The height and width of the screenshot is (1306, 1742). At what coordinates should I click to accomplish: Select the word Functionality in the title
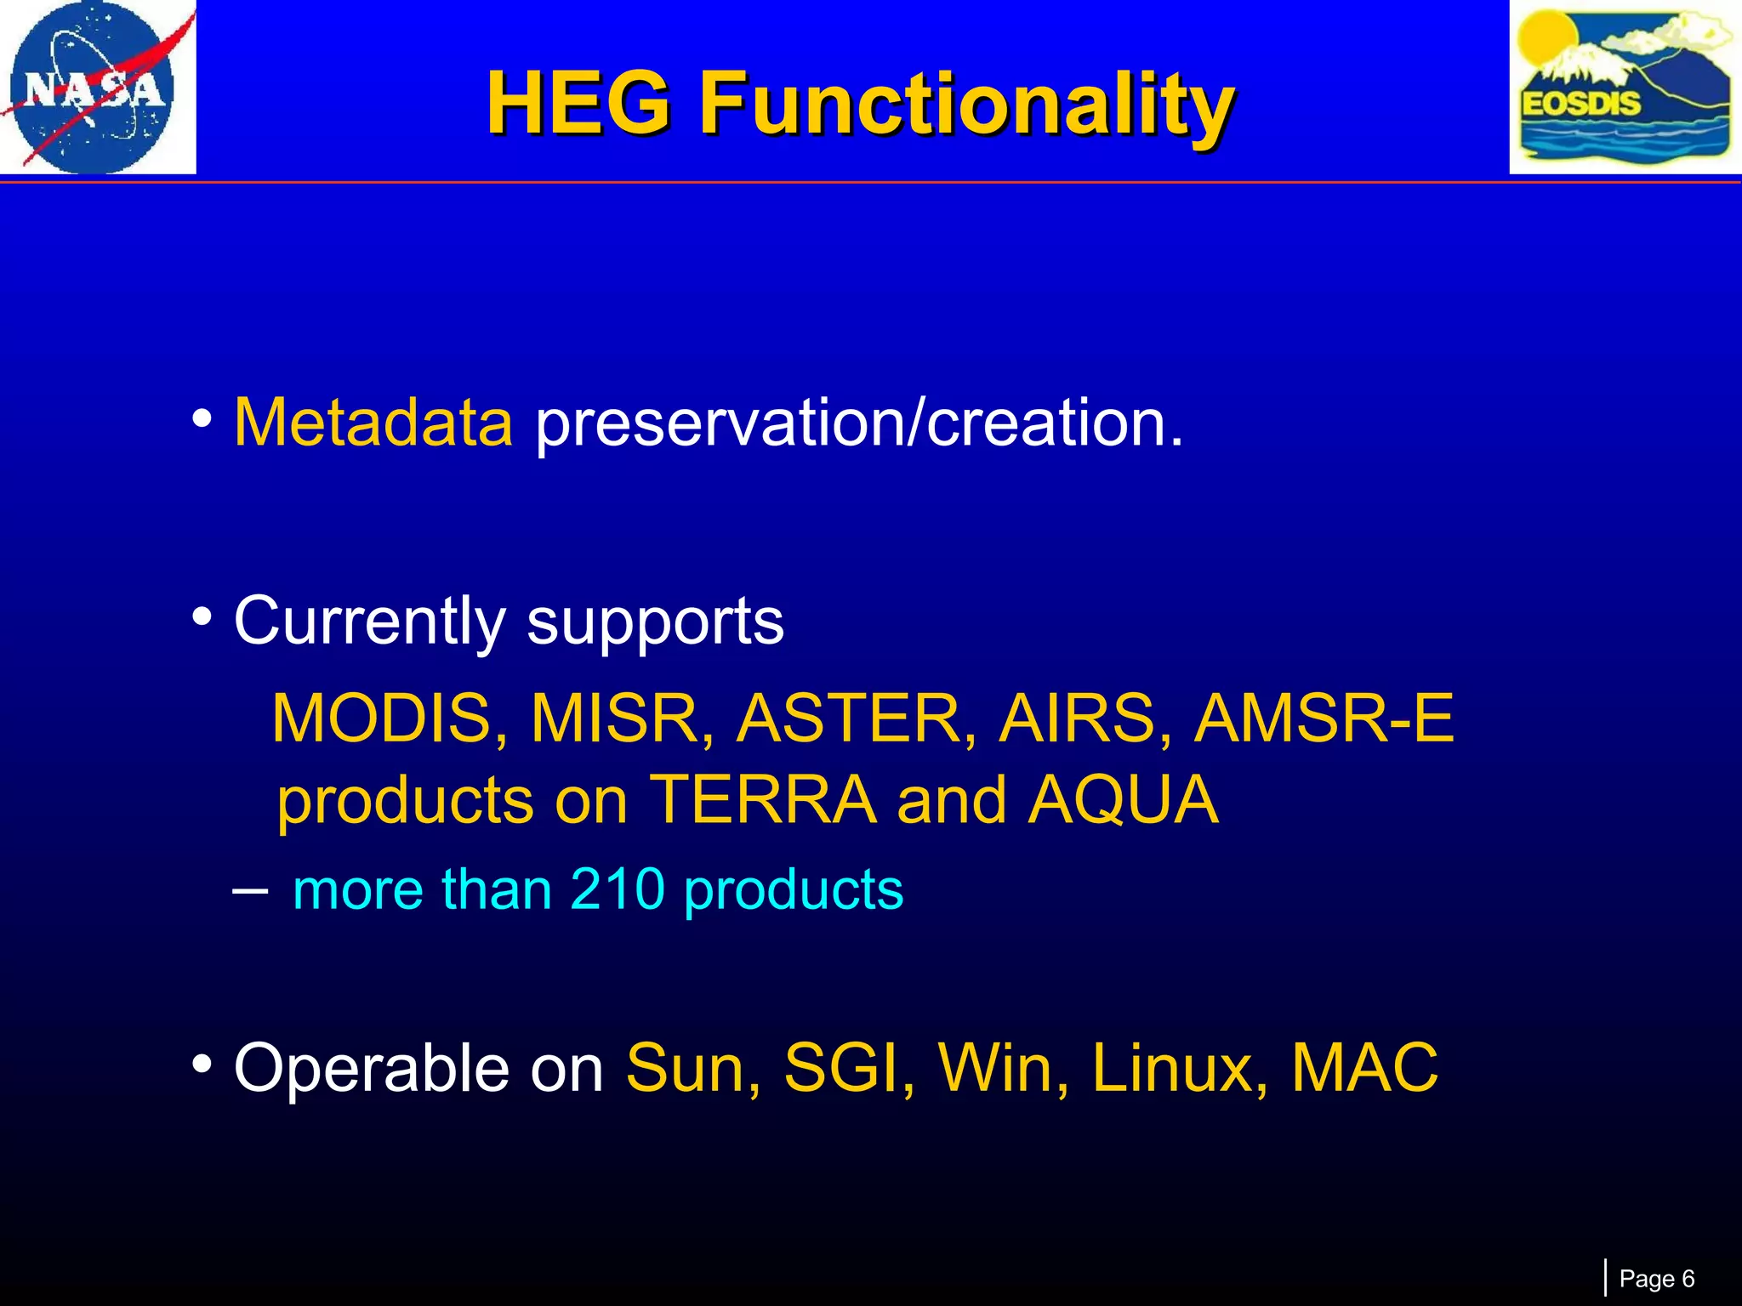(967, 104)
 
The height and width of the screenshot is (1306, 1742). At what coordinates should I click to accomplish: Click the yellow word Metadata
(373, 423)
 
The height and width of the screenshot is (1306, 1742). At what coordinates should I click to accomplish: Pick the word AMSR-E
(1324, 719)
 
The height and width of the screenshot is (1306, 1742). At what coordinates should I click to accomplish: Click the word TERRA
(764, 800)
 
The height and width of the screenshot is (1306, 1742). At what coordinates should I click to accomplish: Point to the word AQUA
(1124, 800)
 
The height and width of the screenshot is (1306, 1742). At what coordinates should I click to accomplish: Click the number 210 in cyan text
(617, 890)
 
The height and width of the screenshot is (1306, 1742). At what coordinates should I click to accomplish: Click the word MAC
(1364, 1069)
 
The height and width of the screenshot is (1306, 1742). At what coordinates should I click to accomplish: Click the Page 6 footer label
(1656, 1279)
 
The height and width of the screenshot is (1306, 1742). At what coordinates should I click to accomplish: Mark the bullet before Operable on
(202, 1064)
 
